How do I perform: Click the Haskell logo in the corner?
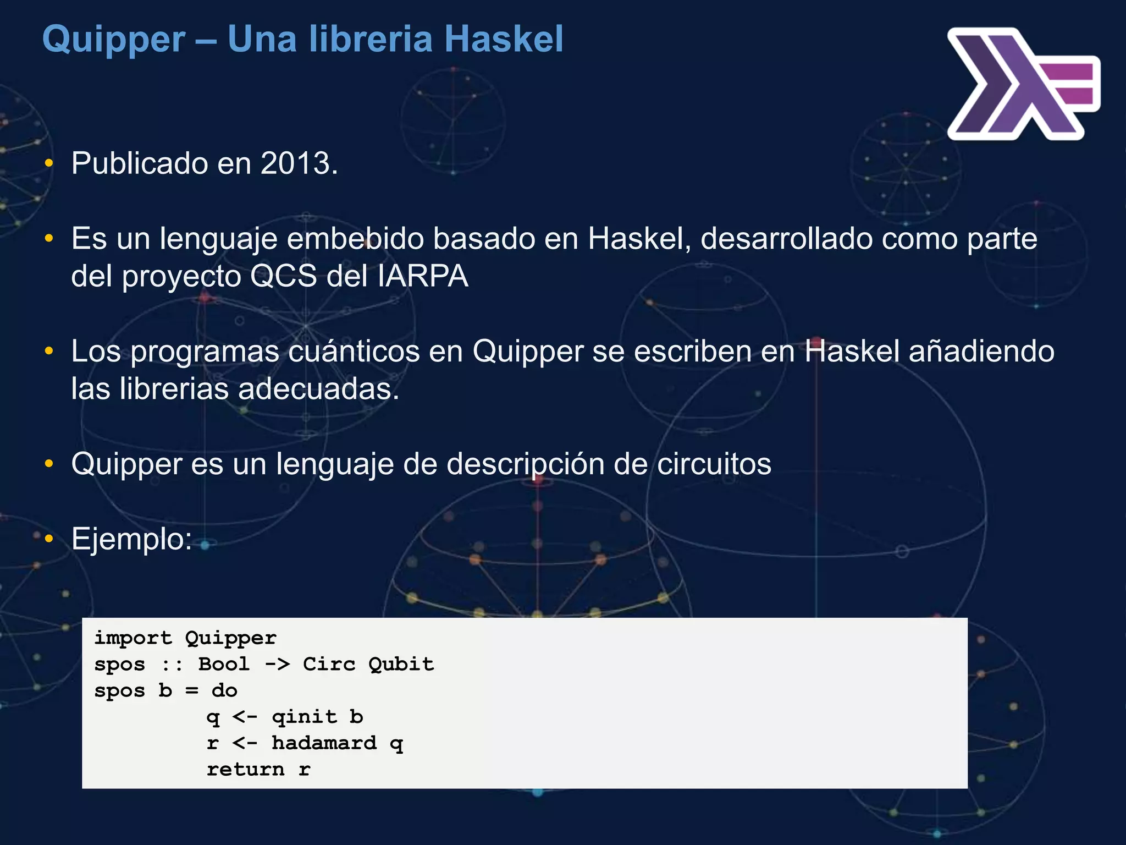[x=1023, y=84]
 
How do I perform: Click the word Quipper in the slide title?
[x=114, y=40]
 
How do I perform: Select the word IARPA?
[x=423, y=276]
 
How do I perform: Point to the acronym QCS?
[x=283, y=276]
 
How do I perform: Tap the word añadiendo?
[x=981, y=352]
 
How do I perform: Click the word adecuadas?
[x=318, y=389]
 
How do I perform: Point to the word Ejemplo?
[x=131, y=539]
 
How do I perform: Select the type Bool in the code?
[x=224, y=664]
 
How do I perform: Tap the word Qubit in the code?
[x=401, y=664]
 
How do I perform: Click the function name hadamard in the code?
[x=324, y=743]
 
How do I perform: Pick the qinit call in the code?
[x=304, y=717]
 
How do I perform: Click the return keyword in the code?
[x=245, y=769]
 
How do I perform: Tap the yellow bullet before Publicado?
[x=49, y=163]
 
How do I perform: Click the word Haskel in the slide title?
[x=504, y=40]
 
